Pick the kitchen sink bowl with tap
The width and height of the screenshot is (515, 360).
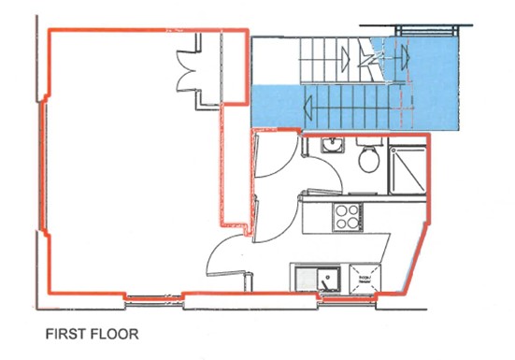tap(328, 278)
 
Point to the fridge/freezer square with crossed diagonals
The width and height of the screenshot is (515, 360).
tap(364, 276)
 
